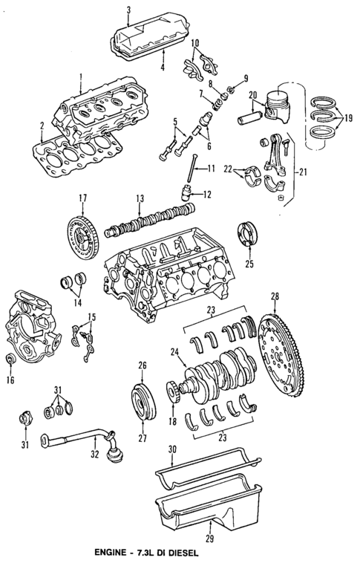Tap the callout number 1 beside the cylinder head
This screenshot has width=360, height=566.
(79, 76)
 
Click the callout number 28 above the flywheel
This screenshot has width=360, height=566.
(275, 296)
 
